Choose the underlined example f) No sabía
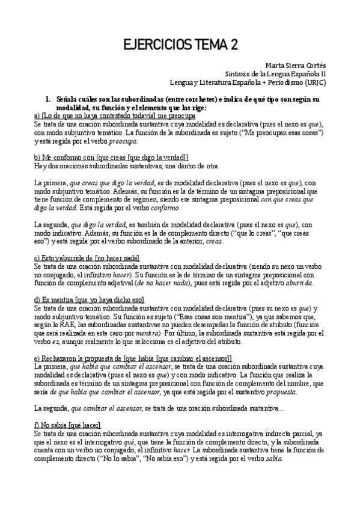[67, 425]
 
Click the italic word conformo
[163, 207]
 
